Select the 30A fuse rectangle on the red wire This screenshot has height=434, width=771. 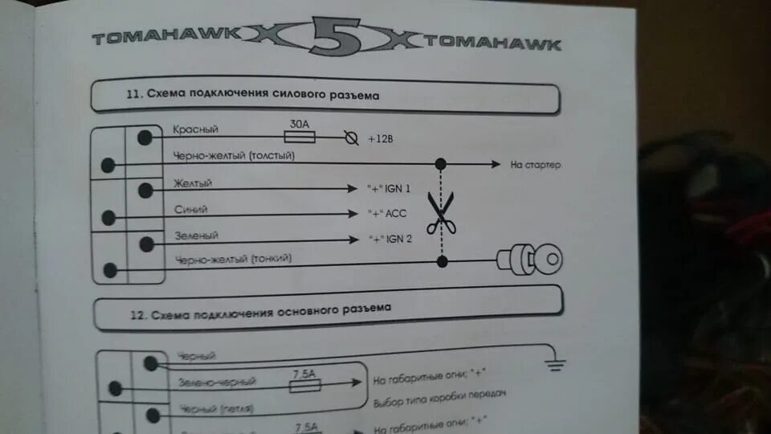pos(300,137)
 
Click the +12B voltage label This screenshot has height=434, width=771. pos(381,139)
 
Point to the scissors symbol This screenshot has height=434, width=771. pos(440,213)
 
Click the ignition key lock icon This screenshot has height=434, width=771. pos(531,259)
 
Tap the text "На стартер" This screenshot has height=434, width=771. pos(535,165)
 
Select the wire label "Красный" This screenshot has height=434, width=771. pos(195,129)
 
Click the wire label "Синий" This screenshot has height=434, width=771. pos(191,209)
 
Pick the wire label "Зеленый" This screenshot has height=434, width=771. pos(196,235)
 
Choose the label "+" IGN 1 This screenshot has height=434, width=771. pos(389,189)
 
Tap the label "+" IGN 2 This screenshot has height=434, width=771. pos(390,240)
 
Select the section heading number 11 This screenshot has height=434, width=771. pos(134,94)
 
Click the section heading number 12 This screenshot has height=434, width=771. pos(136,314)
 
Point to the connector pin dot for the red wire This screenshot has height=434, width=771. pos(145,137)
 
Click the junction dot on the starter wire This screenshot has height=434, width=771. pos(440,164)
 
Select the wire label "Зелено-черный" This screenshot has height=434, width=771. pos(218,383)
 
